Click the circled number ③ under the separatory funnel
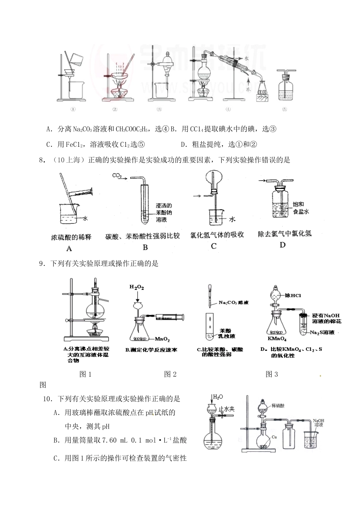pos(159,110)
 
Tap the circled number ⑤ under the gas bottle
pos(285,110)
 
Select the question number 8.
pos(42,160)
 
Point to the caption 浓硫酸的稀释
pos(71,237)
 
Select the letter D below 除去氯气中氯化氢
pos(282,245)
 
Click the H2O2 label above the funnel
pos(136,287)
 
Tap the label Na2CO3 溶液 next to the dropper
pos(234,302)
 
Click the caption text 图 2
pos(170,374)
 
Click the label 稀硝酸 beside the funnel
pos(278,405)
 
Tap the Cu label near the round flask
pos(274,437)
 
